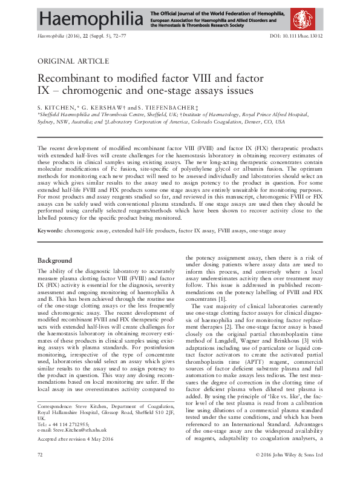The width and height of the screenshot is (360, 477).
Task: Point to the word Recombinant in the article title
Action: point(70,79)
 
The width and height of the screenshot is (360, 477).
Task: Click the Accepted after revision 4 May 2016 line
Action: point(76,438)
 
